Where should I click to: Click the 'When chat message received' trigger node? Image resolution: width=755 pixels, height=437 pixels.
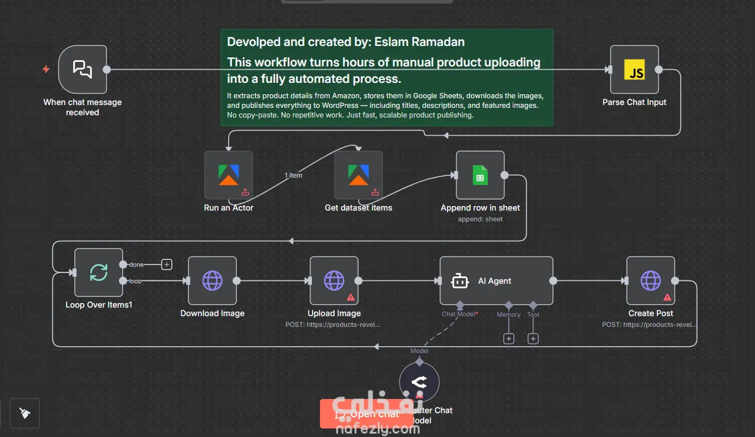(83, 69)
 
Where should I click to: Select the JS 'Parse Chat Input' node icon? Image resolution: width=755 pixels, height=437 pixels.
(634, 70)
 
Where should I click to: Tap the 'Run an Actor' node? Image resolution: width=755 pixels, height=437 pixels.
(229, 175)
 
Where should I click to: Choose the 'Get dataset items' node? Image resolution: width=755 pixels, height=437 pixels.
(358, 175)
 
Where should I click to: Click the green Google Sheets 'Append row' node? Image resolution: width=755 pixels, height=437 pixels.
(480, 175)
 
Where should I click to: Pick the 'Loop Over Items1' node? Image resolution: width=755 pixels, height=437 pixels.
(99, 272)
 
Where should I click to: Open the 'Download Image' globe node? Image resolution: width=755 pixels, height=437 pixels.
(212, 280)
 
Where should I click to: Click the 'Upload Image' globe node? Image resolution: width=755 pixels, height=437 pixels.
(334, 280)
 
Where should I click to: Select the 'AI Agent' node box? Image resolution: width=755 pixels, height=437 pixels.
(496, 280)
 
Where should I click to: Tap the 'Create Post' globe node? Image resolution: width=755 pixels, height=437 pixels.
(651, 280)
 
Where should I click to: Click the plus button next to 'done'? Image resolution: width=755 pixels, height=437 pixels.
(167, 264)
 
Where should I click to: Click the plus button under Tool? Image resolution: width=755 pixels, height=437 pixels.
(533, 339)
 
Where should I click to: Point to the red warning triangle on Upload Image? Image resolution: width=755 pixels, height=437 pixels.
(351, 297)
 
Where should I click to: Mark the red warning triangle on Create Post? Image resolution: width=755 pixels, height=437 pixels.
(667, 297)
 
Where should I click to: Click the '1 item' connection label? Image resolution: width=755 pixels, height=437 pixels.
(293, 175)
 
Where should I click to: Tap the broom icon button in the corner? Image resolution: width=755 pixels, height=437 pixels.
(24, 413)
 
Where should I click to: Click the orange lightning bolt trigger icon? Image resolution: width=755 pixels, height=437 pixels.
(47, 69)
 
